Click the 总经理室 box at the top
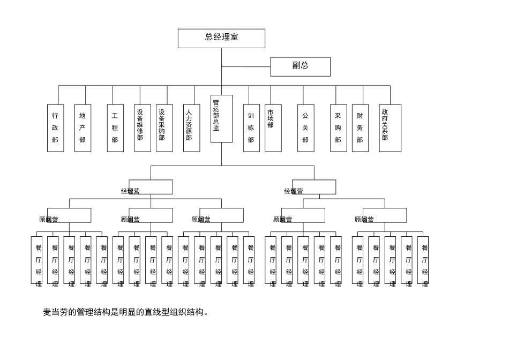click(221, 38)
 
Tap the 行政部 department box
click(55, 128)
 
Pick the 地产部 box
click(83, 128)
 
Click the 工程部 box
click(115, 128)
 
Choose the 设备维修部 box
click(143, 128)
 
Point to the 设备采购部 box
click(164, 128)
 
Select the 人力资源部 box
click(191, 128)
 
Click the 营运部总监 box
click(221, 118)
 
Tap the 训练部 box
click(251, 128)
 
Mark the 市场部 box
click(273, 128)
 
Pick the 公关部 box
click(305, 128)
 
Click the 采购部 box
click(338, 128)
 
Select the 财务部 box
click(360, 128)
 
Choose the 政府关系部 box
click(390, 128)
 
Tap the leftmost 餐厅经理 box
click(36, 260)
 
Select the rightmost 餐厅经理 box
click(423, 260)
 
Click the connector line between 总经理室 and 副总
click(246, 67)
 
